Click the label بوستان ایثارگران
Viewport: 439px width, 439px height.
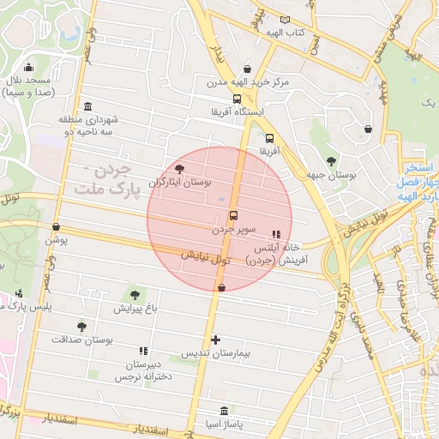click(181, 183)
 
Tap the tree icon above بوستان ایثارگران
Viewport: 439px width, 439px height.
click(179, 169)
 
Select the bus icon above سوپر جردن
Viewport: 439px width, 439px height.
click(233, 216)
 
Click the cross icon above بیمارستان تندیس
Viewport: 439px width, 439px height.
click(215, 340)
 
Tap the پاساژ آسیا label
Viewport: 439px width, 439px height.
click(225, 424)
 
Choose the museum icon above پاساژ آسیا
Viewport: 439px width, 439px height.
click(225, 411)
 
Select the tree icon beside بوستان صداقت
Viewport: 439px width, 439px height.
click(81, 327)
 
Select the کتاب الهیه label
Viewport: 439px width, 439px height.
click(284, 32)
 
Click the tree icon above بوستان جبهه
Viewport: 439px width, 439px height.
click(331, 161)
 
